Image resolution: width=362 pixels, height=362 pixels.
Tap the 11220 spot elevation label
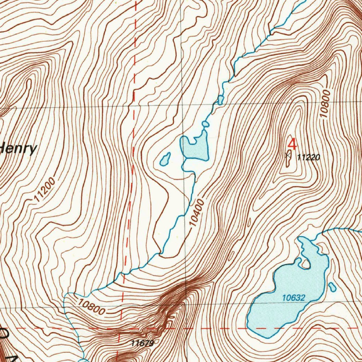coord(309,157)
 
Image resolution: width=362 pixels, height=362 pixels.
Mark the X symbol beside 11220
coord(288,154)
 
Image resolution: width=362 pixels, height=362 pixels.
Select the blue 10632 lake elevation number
coord(293,298)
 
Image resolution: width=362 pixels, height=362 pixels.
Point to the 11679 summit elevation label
coord(142,343)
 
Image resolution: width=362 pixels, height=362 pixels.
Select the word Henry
coord(18,149)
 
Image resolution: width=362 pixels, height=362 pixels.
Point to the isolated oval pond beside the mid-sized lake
coord(165,159)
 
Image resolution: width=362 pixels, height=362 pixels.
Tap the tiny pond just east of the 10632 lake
coord(332,287)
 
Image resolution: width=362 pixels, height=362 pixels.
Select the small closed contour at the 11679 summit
coord(156,341)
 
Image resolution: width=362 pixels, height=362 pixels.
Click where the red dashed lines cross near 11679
coord(119,328)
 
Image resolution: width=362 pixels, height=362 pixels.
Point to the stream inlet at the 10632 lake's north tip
coord(302,239)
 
